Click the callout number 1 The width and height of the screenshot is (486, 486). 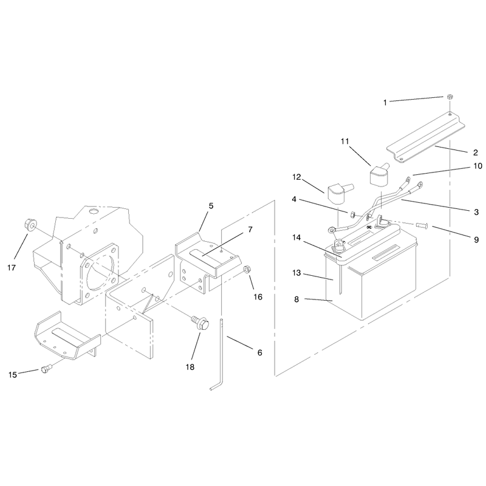coord(385,103)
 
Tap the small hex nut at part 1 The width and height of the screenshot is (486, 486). coord(449,97)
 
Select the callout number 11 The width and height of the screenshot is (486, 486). coord(345,142)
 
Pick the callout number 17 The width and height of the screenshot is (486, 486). coord(12,268)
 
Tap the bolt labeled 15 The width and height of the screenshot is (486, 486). coord(47,369)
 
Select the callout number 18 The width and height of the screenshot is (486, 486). coord(190,367)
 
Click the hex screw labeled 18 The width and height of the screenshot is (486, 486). coord(200,323)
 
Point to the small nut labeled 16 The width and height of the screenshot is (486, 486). coord(247,269)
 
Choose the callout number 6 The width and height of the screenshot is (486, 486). coord(260,353)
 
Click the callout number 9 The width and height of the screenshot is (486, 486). coord(476,239)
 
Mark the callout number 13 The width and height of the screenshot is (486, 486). coord(296,273)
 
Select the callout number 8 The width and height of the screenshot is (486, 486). coord(296,299)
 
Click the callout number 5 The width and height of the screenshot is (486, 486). coord(211,206)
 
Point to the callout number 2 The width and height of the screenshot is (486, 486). coord(476,153)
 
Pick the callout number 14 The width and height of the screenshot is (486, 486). coord(296,238)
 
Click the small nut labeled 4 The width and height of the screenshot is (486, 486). coord(352,214)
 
